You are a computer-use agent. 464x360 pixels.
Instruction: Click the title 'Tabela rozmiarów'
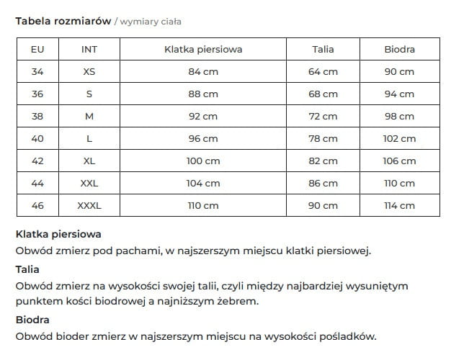[x=63, y=21]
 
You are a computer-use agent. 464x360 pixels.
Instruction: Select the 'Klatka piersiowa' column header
[x=202, y=50]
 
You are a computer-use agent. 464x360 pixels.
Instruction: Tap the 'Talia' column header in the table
[x=323, y=50]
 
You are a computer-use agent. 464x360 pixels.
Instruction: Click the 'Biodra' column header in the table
[x=399, y=50]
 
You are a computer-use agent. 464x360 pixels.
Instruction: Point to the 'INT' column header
[x=89, y=50]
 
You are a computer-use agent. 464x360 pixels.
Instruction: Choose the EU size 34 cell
[x=37, y=72]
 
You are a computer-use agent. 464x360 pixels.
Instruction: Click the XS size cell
[x=89, y=72]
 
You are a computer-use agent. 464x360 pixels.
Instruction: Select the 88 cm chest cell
[x=202, y=94]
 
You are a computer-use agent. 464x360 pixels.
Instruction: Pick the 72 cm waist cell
[x=323, y=117]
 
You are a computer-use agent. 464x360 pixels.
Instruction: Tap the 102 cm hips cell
[x=399, y=139]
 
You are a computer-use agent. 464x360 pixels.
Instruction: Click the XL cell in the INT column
[x=89, y=161]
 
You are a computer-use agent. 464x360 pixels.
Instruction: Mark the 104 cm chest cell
[x=202, y=184]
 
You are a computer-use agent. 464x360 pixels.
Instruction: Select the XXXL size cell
[x=89, y=206]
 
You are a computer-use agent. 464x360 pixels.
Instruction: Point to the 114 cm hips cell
[x=399, y=206]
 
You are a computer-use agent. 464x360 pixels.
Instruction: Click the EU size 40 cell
[x=37, y=139]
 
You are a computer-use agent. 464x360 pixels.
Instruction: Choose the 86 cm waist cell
[x=323, y=184]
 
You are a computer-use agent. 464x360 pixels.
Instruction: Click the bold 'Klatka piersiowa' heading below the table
[x=58, y=234]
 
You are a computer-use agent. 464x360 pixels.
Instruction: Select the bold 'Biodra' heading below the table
[x=32, y=319]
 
